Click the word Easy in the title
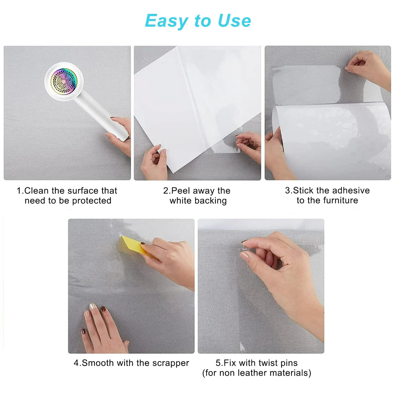167,21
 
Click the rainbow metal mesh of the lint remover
64,82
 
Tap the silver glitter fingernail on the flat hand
93,307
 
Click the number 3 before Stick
287,190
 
